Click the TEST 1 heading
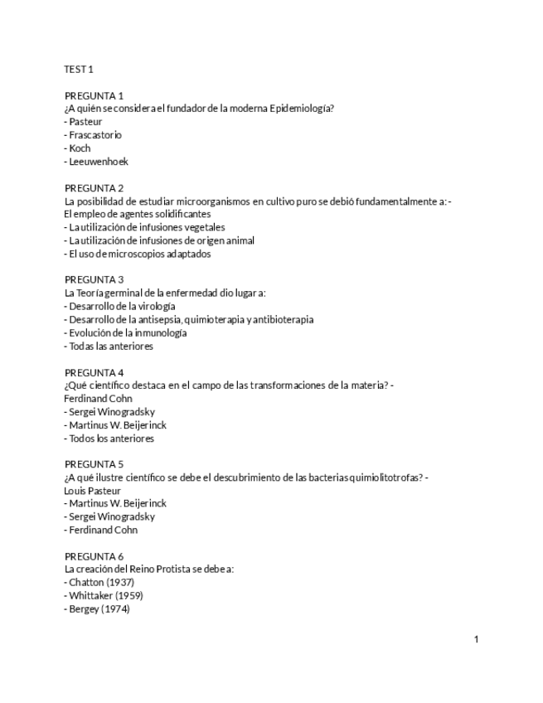point(79,69)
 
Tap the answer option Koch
point(80,148)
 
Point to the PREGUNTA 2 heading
point(94,187)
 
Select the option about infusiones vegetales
point(145,226)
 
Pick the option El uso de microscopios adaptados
point(137,253)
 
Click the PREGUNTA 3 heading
point(94,279)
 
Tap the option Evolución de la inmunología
point(127,332)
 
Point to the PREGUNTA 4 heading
point(94,372)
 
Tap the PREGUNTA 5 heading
point(94,464)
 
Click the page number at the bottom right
point(477,639)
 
